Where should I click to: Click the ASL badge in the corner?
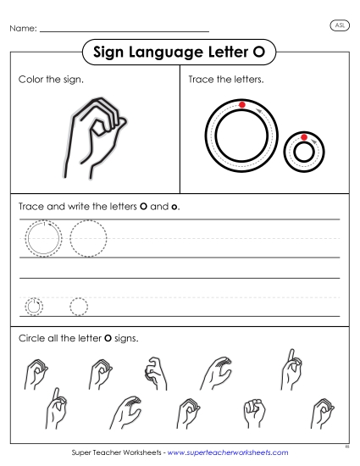point(338,26)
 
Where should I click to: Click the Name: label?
point(23,30)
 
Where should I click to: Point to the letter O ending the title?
point(260,53)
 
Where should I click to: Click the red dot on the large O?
point(242,105)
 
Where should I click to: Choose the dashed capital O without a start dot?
point(88,237)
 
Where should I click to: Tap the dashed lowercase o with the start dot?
point(34,306)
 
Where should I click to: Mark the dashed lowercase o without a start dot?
point(79,306)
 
